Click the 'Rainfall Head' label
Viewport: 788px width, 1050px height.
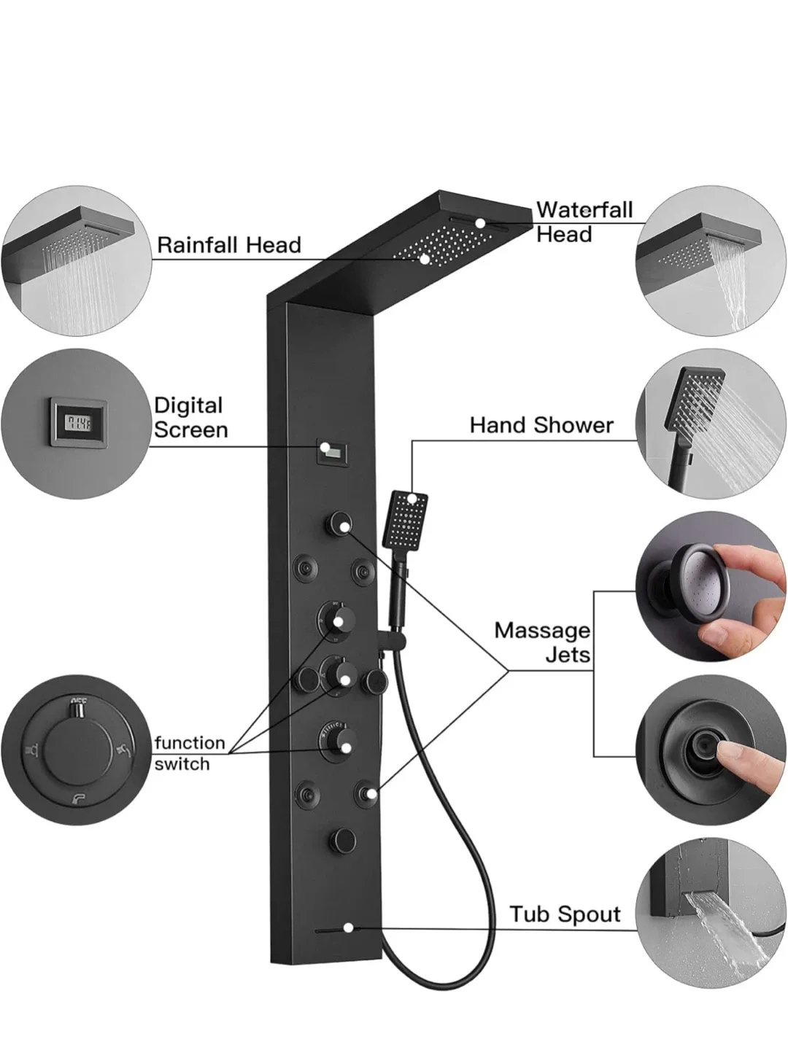[229, 245]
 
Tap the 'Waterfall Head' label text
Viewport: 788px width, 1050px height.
[584, 222]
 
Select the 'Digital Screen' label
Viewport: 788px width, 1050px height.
[190, 417]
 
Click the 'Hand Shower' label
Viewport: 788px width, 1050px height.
[541, 425]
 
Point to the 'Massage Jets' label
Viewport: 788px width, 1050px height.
[542, 642]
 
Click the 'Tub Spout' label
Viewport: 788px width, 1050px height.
[565, 914]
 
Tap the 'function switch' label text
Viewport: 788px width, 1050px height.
[190, 753]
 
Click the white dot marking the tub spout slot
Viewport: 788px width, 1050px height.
[349, 928]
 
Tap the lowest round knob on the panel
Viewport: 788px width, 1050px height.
[341, 837]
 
